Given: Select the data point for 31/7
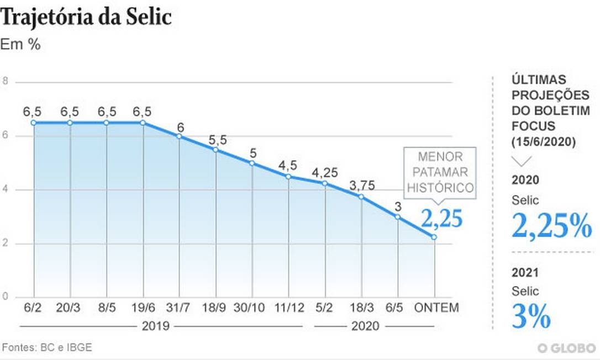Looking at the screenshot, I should pyautogui.click(x=180, y=136).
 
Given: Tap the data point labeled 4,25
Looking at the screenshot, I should pyautogui.click(x=325, y=183).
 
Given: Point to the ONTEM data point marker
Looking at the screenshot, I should pyautogui.click(x=434, y=237).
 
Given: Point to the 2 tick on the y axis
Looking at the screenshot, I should pyautogui.click(x=5, y=243).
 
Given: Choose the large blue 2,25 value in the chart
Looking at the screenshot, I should pyautogui.click(x=441, y=219).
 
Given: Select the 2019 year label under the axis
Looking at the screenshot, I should pyautogui.click(x=155, y=326).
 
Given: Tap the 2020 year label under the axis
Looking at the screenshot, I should pyautogui.click(x=365, y=326).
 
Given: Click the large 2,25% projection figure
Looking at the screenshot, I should pyautogui.click(x=551, y=224).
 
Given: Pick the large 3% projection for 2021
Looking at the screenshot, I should pyautogui.click(x=531, y=316).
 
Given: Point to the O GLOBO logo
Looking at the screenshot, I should pyautogui.click(x=566, y=348).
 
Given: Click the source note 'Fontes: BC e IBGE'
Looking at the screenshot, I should pyautogui.click(x=47, y=347).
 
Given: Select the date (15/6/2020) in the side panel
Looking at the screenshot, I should pyautogui.click(x=543, y=142).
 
